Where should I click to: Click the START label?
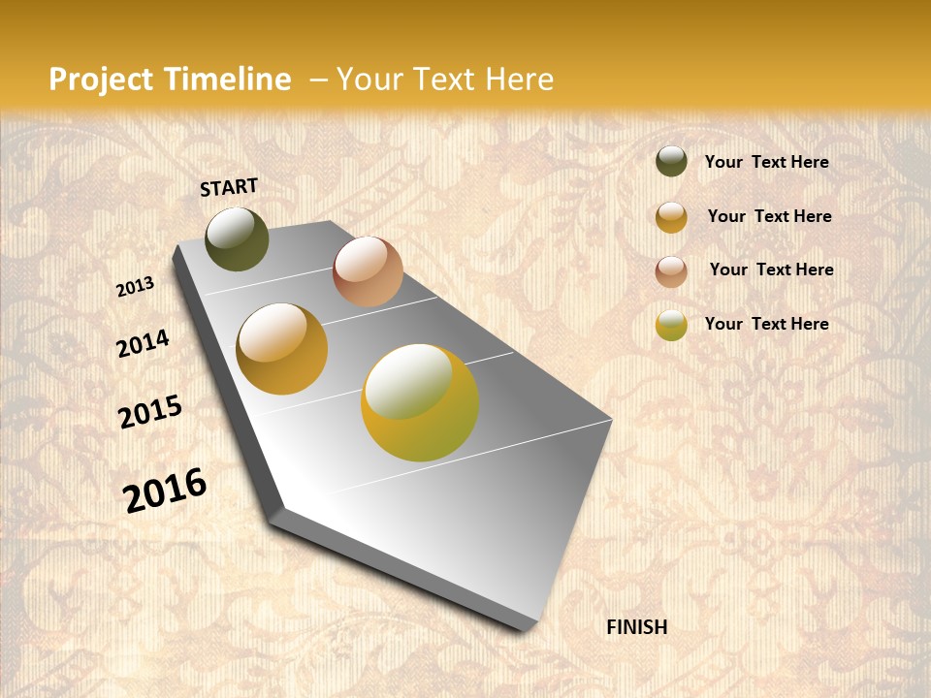[x=229, y=187]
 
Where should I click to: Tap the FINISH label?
[x=637, y=627]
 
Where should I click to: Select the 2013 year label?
[x=136, y=287]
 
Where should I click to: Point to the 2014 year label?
[x=144, y=343]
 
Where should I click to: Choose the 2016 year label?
[x=165, y=490]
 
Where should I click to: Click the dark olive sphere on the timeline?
[x=237, y=238]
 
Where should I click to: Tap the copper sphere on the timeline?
[x=368, y=271]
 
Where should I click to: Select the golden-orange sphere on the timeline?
[x=282, y=349]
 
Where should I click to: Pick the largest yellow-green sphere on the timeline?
[x=420, y=402]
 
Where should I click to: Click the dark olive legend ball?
[x=671, y=161]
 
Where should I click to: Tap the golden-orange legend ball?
[x=671, y=217]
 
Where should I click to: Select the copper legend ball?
[x=671, y=271]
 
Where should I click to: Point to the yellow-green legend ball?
[x=671, y=325]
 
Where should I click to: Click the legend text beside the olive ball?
[x=766, y=162]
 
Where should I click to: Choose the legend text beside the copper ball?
[x=771, y=270]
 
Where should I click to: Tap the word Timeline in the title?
[x=229, y=79]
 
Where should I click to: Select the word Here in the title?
[x=519, y=79]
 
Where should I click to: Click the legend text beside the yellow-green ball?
[x=766, y=324]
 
